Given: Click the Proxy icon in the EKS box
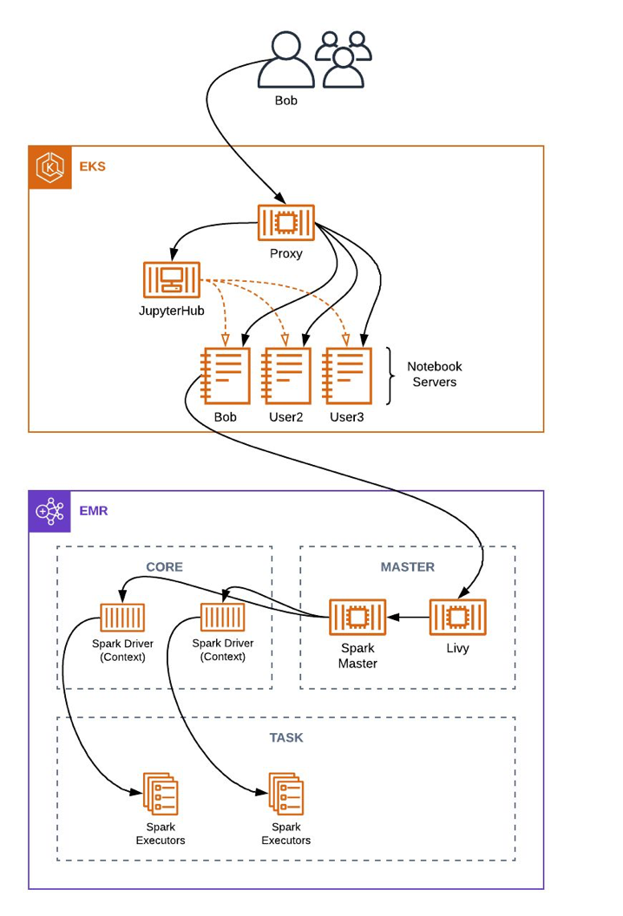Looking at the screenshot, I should point(285,223).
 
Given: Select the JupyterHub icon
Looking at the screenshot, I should point(171,281).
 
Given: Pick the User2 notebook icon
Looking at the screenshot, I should point(286,376).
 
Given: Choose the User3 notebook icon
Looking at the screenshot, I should point(347,376).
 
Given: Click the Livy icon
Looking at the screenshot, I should point(457,618).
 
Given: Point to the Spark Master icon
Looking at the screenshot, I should point(357,618).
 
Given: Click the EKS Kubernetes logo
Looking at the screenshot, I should point(50,167).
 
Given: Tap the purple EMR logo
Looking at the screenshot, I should point(50,512).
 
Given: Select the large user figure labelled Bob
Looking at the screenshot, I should point(285,61).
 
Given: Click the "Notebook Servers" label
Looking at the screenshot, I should point(435,374).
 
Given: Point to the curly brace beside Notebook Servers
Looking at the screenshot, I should point(390,376).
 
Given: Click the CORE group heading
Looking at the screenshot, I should point(164,567).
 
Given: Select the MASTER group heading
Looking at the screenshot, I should point(407,567).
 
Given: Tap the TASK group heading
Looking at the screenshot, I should point(285,737).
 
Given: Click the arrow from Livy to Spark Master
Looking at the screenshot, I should point(408,618).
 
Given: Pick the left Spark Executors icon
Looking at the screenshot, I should point(161,794).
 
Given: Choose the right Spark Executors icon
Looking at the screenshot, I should point(285,794).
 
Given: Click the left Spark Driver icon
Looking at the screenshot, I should point(122,618).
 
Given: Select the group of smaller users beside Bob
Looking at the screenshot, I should point(344,60).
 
